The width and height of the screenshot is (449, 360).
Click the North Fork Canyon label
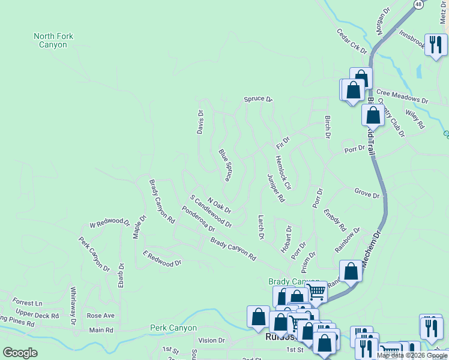pos(53,40)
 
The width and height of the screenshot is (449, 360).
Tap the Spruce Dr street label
pos(258,99)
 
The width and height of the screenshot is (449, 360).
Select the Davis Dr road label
pos(201,122)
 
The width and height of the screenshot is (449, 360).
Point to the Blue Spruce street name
pos(226,165)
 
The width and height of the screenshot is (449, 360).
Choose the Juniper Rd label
pos(274,188)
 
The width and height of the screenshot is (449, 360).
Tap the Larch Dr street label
pos(261,227)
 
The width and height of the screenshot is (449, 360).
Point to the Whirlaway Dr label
pos(73,306)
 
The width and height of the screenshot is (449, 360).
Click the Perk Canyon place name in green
pos(174,328)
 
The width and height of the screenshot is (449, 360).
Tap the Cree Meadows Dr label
pos(402,97)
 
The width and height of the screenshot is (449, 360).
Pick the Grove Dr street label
pos(367,194)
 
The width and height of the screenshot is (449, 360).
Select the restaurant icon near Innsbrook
pos(436,44)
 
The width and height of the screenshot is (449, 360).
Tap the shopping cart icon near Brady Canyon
pos(316,292)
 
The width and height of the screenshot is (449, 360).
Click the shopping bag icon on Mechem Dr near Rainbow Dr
pos(351,271)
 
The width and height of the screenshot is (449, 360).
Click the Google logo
pos(20,353)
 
